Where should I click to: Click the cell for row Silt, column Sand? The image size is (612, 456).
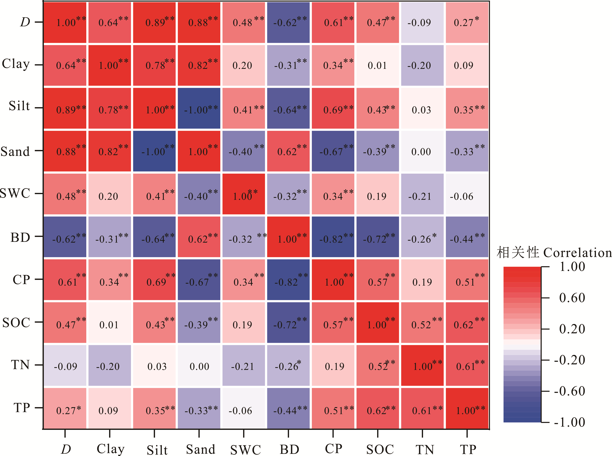click(199, 108)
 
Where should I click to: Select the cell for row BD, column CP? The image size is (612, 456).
click(333, 237)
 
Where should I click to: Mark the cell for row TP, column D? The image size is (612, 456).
click(65, 409)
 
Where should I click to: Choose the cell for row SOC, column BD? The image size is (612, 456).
click(288, 323)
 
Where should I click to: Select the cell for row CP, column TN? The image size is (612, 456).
click(422, 280)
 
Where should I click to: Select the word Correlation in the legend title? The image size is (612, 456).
click(577, 253)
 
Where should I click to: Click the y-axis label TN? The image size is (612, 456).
click(20, 365)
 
